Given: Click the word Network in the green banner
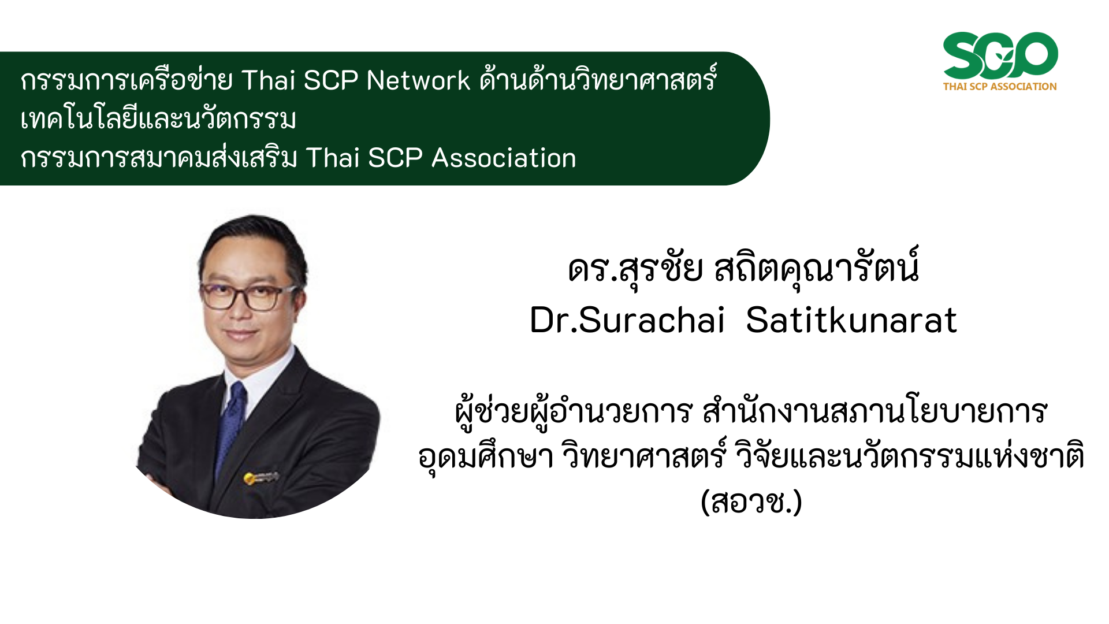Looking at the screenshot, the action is click(418, 80).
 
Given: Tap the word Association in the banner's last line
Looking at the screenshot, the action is click(504, 158).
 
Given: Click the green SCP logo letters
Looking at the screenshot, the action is click(1000, 55).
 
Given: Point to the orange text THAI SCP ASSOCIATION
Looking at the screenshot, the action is click(1000, 87).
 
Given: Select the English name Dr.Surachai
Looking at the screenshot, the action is click(627, 320).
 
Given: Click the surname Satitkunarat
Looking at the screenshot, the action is click(851, 320).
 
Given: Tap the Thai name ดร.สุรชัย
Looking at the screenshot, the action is click(635, 269).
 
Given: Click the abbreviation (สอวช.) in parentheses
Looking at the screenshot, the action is click(751, 502).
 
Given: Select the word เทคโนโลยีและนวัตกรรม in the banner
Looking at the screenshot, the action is click(158, 119).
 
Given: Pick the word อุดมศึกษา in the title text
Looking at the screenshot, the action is click(486, 456).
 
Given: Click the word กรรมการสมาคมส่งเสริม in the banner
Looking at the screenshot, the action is click(159, 158).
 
